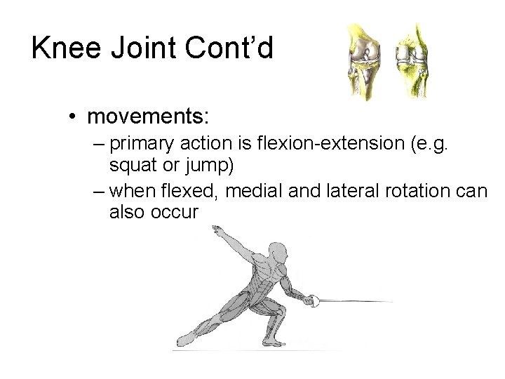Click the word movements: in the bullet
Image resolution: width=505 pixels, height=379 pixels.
[x=138, y=114]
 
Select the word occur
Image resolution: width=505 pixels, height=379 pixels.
[x=175, y=212]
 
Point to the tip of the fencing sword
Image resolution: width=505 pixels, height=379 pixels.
[x=391, y=301]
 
